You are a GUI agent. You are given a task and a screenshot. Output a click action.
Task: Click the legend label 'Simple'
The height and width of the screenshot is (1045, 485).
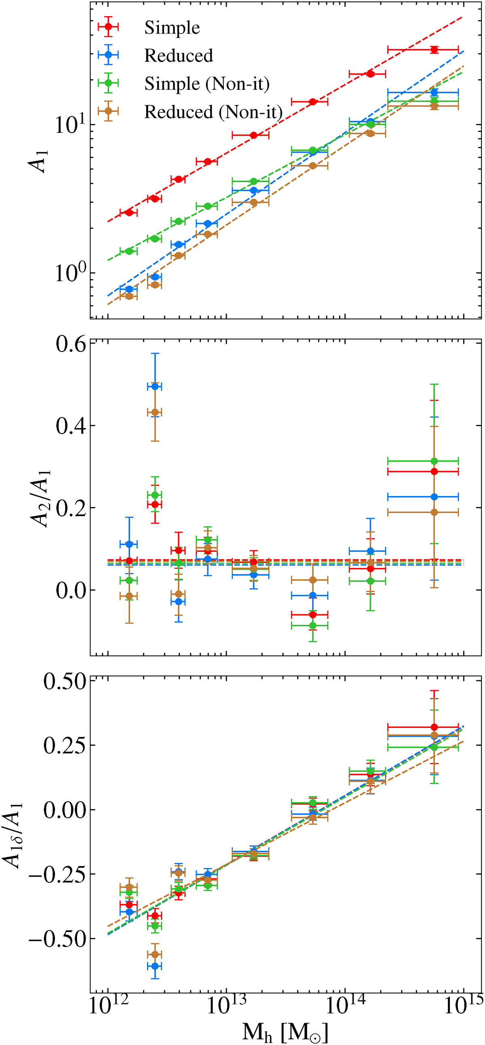[x=172, y=28]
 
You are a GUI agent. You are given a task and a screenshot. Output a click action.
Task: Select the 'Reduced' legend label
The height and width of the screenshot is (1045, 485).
[x=179, y=56]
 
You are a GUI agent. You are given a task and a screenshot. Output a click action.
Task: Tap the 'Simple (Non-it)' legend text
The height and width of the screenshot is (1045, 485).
[x=207, y=84]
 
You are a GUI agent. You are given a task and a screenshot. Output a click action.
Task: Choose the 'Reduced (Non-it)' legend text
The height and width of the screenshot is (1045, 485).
[x=213, y=111]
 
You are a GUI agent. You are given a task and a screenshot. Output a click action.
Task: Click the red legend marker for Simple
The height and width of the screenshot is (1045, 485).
[x=108, y=27]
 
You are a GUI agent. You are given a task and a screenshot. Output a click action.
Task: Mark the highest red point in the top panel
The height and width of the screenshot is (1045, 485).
[x=434, y=50]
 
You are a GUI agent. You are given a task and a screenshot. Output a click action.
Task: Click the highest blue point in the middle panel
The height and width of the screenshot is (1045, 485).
[x=155, y=387]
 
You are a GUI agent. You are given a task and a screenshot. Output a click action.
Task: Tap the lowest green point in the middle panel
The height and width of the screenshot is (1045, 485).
[x=312, y=625]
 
